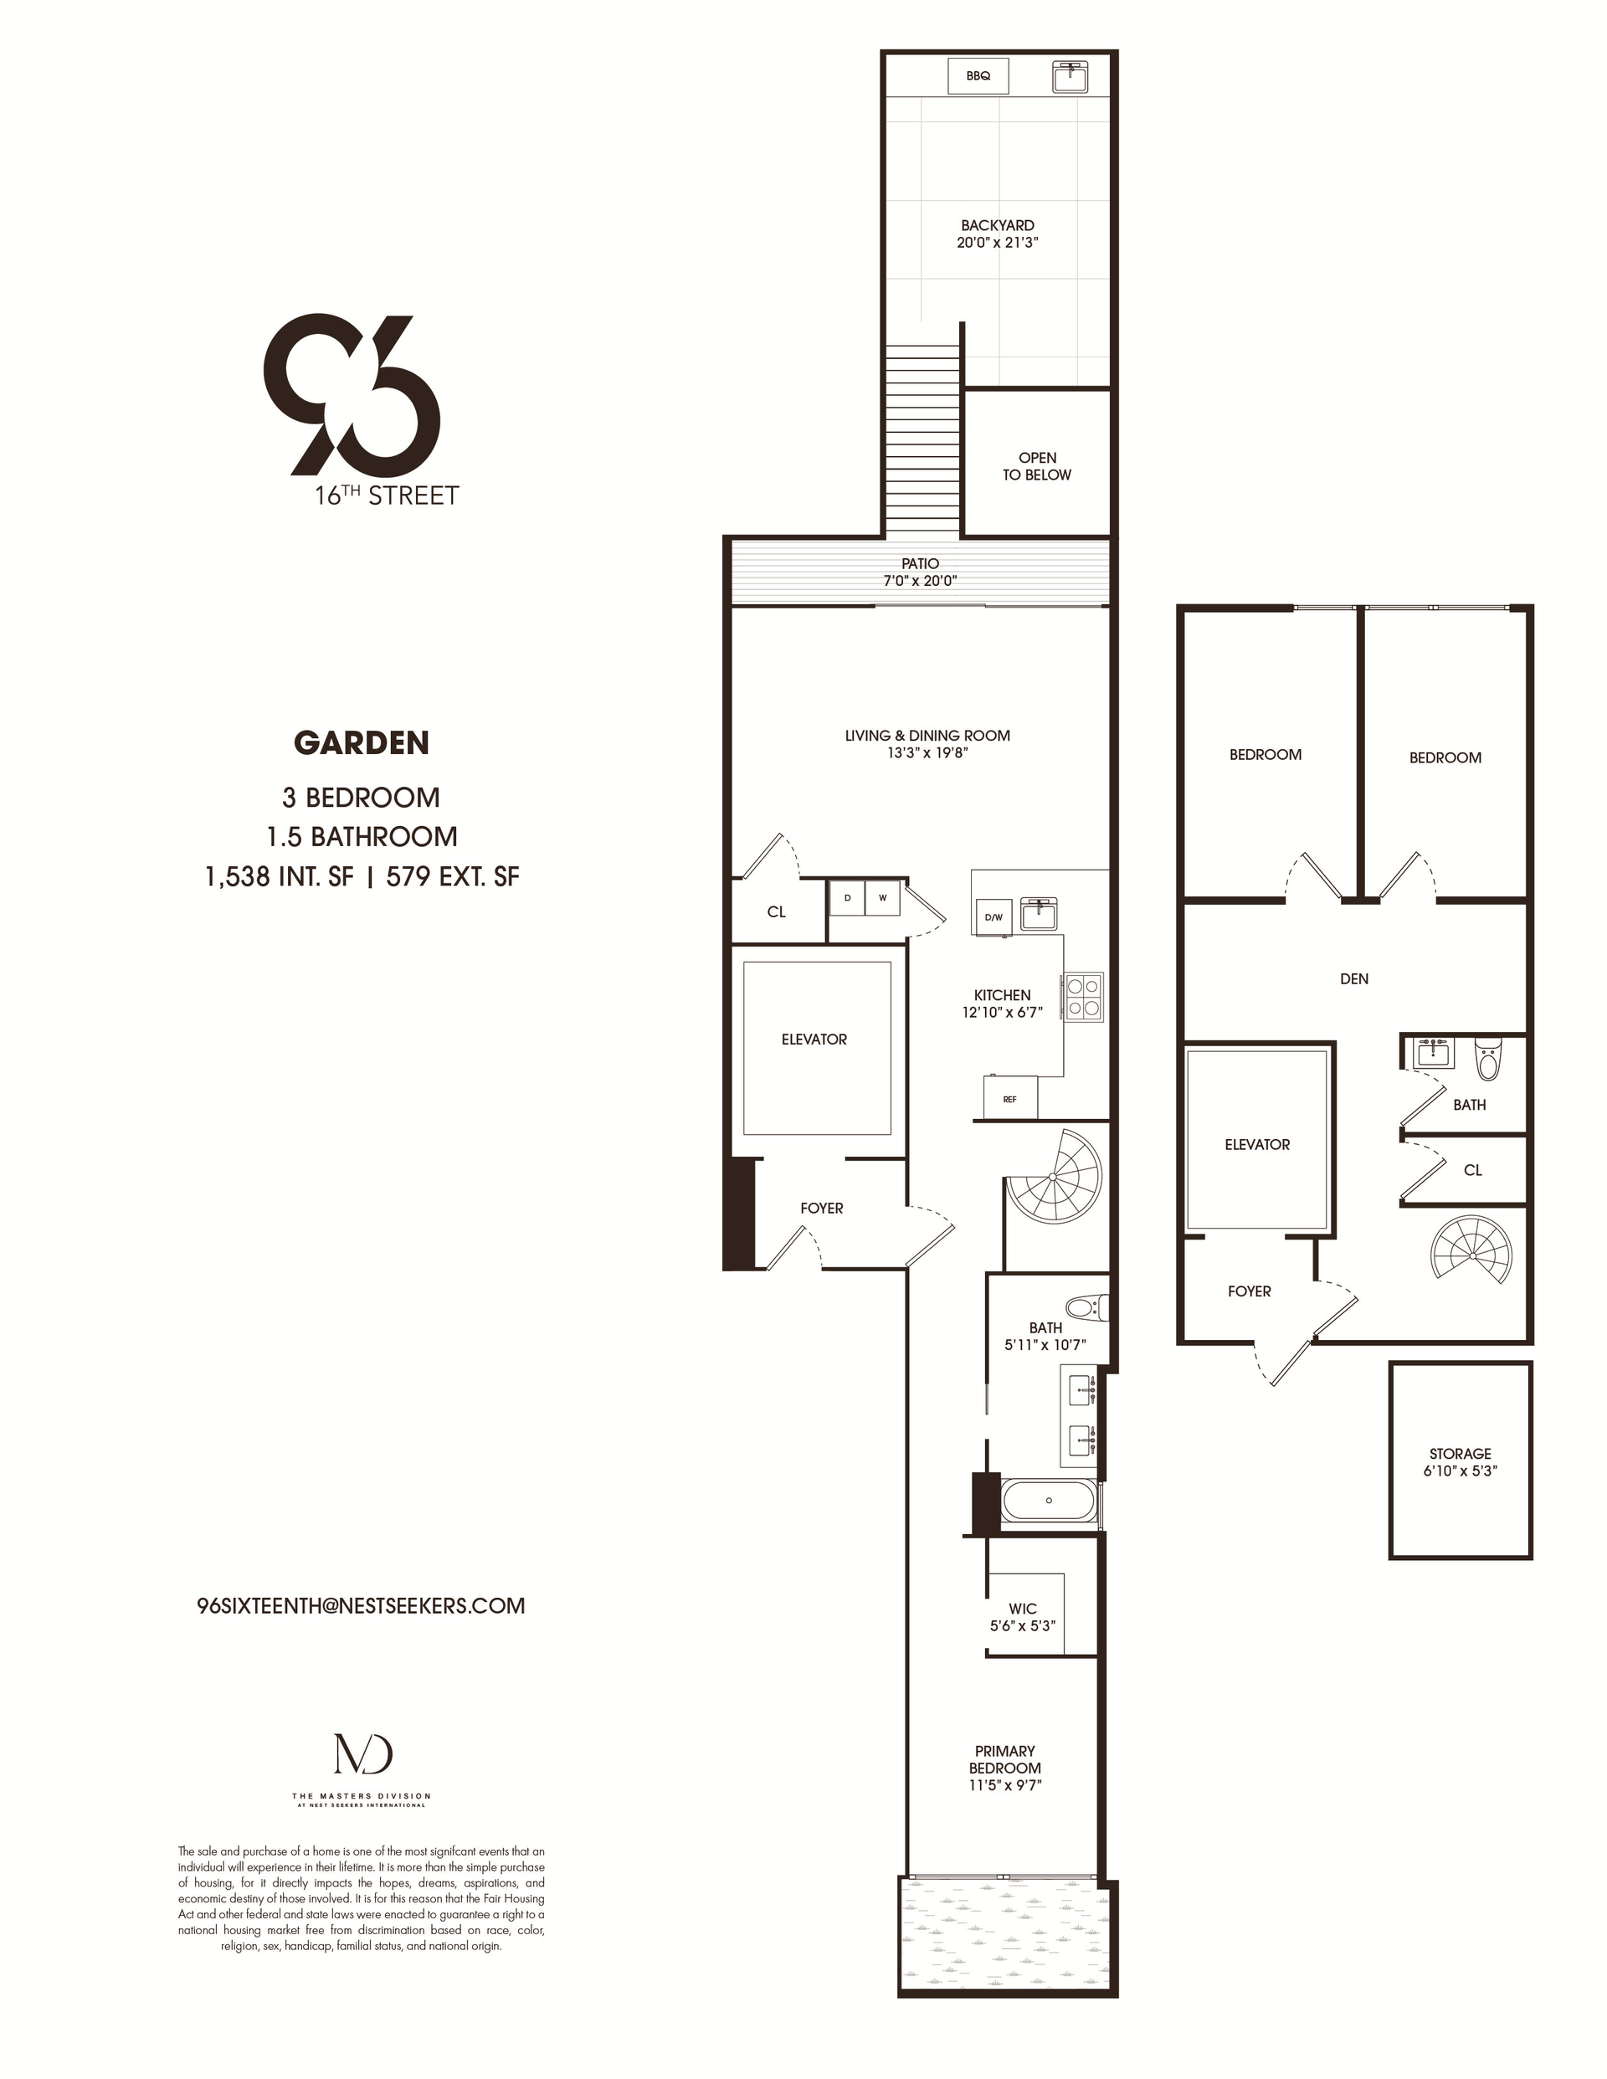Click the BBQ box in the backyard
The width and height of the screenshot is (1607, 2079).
[978, 76]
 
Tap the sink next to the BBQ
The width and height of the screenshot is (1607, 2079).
[1074, 76]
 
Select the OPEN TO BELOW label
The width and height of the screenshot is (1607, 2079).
[1037, 466]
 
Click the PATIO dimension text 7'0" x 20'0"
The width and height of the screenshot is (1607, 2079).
[920, 581]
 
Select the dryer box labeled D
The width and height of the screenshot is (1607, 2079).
[847, 898]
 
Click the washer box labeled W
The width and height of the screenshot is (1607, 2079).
[882, 898]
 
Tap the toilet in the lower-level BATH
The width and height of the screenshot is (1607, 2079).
[1487, 1059]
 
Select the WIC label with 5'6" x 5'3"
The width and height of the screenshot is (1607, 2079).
[1023, 1617]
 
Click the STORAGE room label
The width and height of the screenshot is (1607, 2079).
[1461, 1462]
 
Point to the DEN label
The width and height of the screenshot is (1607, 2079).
[1353, 978]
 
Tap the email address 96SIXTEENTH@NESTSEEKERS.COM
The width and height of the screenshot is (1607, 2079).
[361, 1606]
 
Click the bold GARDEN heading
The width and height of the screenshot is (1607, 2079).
[361, 742]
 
